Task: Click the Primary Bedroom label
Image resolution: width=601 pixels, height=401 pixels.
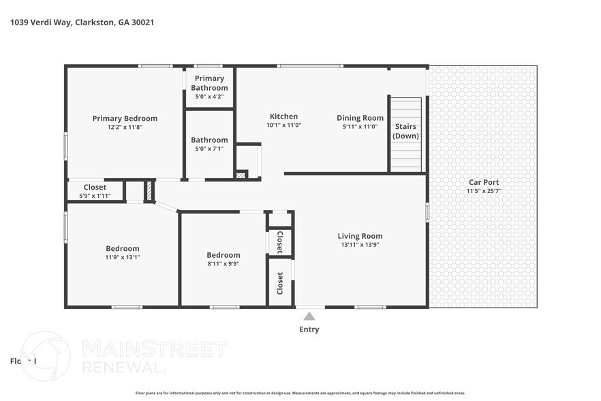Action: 125,118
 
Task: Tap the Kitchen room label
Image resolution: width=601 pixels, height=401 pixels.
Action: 283,117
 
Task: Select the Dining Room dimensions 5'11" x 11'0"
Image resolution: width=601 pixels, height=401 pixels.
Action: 360,126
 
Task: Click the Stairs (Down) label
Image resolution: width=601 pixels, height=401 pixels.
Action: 406,131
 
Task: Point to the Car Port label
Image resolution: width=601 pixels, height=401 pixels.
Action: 483,182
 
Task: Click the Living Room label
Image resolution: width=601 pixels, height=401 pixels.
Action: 360,236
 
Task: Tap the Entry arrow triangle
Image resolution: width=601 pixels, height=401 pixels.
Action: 309,316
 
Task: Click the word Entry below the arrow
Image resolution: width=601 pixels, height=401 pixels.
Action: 309,329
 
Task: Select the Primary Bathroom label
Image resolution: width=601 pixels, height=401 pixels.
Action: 209,83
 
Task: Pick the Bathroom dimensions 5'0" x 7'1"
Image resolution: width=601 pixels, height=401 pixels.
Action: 209,149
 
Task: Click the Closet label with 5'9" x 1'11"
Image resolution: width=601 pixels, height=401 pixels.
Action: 95,188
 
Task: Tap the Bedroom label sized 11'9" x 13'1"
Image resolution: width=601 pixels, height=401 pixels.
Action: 123,248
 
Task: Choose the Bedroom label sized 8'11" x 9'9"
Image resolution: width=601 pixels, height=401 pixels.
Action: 224,255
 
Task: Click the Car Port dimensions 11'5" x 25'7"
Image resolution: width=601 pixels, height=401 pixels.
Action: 483,191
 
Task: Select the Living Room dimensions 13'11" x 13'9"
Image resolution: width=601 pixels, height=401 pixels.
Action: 360,245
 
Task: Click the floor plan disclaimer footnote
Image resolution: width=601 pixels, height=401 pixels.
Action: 300,393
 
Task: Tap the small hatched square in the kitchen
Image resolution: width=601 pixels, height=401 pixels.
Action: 240,175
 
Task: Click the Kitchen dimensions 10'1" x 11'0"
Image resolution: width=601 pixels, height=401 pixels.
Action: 283,125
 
